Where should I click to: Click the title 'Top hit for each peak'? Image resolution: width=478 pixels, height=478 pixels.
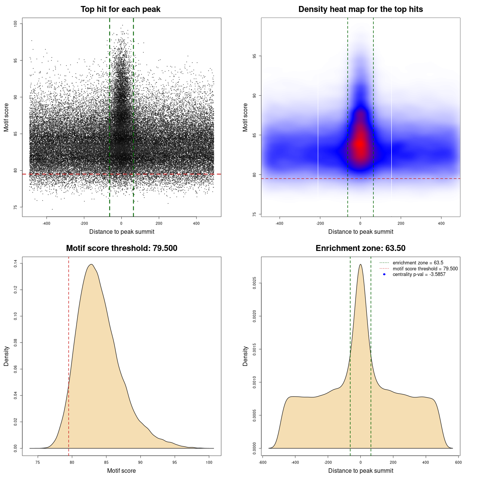click(x=120, y=9)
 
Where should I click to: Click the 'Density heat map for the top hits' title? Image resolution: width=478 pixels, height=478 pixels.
click(x=360, y=9)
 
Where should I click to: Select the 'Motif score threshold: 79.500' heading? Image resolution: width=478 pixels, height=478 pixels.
click(x=121, y=248)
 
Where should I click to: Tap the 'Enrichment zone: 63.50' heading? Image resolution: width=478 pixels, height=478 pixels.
click(x=360, y=248)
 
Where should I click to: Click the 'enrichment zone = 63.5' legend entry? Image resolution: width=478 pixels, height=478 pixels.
click(x=418, y=263)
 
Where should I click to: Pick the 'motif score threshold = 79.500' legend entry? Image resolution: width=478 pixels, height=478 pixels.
click(x=425, y=269)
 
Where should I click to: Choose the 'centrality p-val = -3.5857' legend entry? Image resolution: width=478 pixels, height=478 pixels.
click(x=419, y=274)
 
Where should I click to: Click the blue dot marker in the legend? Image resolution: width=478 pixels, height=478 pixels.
click(x=384, y=274)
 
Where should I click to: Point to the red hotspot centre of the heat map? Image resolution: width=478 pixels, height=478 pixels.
click(x=360, y=144)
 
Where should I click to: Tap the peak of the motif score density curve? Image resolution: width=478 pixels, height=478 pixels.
click(x=91, y=264)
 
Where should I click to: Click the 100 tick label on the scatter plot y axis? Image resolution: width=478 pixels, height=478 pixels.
click(x=16, y=24)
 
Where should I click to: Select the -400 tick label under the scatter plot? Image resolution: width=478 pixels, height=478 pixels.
click(x=46, y=223)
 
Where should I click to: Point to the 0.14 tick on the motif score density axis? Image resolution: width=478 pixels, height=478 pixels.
click(x=16, y=264)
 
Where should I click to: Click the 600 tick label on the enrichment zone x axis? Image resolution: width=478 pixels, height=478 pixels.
click(x=458, y=462)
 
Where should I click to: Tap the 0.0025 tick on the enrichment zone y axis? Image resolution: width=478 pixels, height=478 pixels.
click(x=255, y=283)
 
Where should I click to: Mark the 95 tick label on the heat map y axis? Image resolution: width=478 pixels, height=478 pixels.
click(x=255, y=56)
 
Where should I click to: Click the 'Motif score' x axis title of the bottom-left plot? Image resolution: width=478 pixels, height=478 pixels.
click(x=121, y=471)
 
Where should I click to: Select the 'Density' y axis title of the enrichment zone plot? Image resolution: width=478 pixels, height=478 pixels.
click(x=245, y=356)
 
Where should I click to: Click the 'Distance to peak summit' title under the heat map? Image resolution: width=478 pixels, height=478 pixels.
click(x=360, y=232)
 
